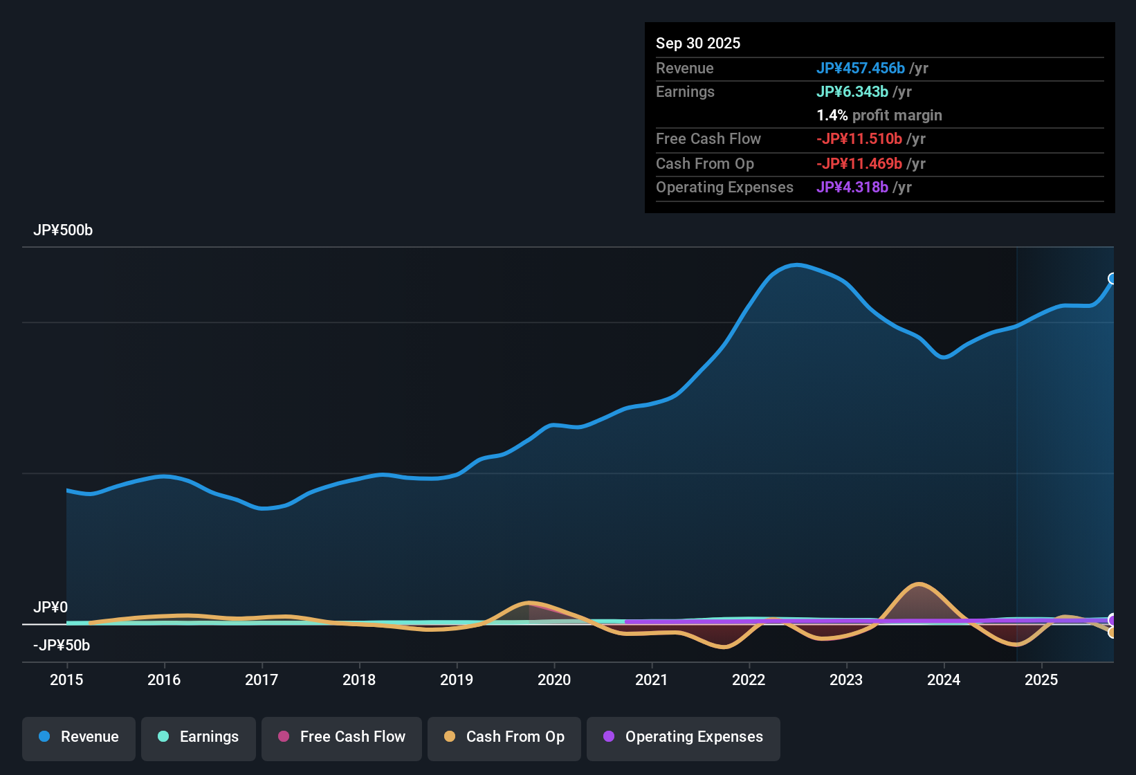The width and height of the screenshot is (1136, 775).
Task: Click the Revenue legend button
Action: click(x=79, y=737)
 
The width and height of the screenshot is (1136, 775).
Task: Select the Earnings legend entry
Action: click(x=199, y=737)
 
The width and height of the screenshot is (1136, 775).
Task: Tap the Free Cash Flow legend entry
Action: click(x=342, y=737)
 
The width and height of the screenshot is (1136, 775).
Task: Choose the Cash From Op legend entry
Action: click(x=504, y=737)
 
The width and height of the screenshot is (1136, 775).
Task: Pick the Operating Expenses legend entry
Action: click(x=684, y=737)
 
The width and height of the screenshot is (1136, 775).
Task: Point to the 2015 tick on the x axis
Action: click(x=66, y=680)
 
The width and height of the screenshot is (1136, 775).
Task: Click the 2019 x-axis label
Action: click(x=457, y=680)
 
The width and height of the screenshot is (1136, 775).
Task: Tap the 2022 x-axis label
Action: click(x=749, y=680)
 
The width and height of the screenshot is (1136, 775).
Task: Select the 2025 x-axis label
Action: click(x=1041, y=680)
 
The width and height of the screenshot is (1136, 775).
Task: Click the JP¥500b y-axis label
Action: click(x=63, y=230)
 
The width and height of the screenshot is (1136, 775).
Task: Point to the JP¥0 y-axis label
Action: click(x=51, y=608)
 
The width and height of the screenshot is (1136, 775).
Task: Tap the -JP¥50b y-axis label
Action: click(x=62, y=646)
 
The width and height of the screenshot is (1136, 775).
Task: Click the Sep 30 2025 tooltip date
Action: click(x=698, y=44)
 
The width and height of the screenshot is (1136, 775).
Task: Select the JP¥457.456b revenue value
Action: click(x=861, y=69)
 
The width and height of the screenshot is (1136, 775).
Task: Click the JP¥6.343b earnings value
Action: click(x=852, y=92)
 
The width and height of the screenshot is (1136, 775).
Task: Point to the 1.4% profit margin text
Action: click(x=879, y=116)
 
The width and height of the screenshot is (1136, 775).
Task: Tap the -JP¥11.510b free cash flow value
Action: click(x=859, y=139)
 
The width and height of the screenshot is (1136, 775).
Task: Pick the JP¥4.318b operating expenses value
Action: click(x=852, y=188)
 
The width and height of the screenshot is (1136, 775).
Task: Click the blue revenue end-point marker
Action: click(x=1112, y=279)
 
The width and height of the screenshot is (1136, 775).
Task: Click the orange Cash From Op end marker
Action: click(x=1112, y=632)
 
